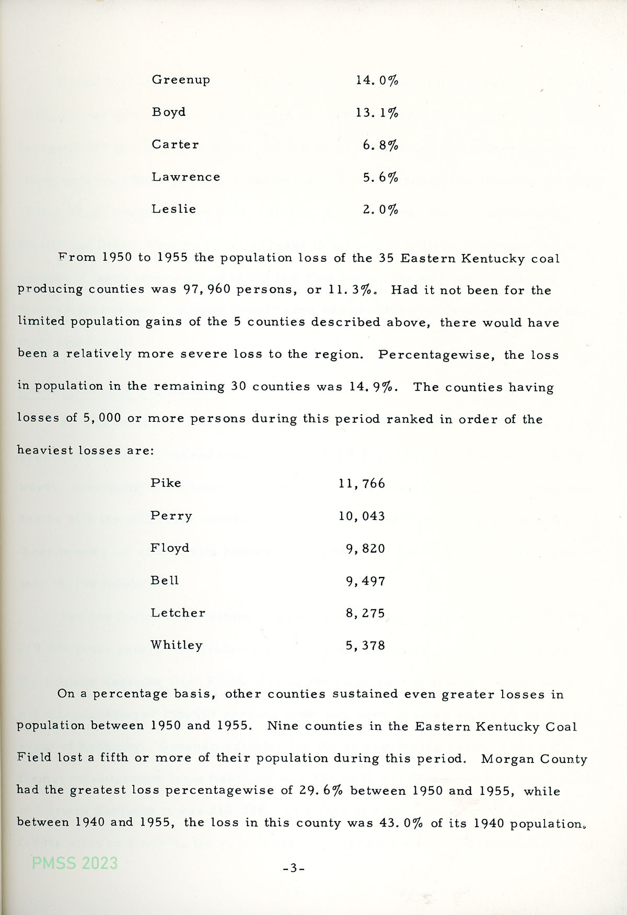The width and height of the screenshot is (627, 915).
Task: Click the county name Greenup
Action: tap(181, 80)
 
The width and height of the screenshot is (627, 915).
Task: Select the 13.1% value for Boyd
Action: tap(377, 112)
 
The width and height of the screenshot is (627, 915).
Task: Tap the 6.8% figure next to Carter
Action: tap(380, 145)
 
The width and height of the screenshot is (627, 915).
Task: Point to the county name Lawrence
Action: tap(185, 177)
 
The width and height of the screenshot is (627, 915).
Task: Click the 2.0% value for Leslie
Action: tap(380, 210)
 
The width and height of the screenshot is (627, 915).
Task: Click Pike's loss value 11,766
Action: tap(362, 483)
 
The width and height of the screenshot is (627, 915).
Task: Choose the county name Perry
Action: tap(171, 516)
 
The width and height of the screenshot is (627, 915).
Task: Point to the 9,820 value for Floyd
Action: tap(365, 548)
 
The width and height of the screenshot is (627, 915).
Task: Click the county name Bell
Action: tap(165, 580)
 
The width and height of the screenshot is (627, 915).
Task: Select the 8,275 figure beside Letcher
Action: tap(365, 612)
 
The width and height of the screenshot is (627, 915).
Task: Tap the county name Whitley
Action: tap(177, 645)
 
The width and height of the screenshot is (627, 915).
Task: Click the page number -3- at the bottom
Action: tap(294, 868)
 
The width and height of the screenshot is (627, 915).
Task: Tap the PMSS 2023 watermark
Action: tap(75, 863)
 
